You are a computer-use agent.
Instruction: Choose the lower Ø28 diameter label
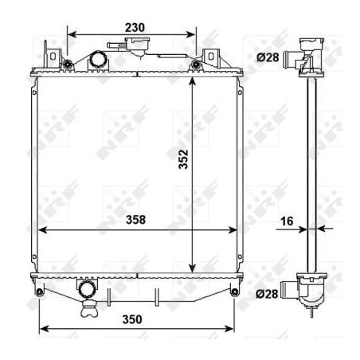coord(268,293)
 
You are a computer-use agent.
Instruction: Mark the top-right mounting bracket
coord(211,57)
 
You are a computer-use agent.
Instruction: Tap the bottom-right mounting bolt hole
coord(234,292)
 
